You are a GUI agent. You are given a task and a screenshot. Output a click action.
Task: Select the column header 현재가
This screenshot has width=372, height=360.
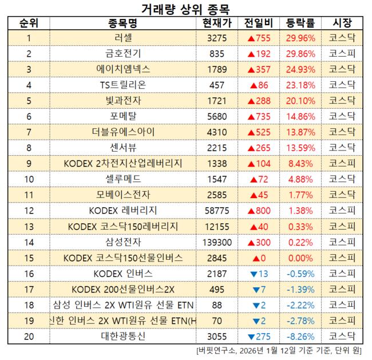(x=217, y=23)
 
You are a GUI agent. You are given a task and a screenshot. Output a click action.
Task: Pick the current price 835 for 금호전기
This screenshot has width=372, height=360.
(x=217, y=54)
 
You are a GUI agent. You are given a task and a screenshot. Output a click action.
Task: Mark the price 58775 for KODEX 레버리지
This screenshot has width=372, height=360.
(x=217, y=210)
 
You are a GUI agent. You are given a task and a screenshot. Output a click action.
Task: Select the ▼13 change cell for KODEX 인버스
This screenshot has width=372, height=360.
(x=259, y=272)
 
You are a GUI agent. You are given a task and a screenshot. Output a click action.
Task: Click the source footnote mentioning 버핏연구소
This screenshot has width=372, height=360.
(x=280, y=350)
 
